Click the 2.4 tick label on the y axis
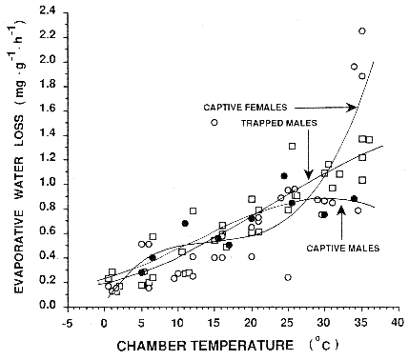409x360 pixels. [45, 10]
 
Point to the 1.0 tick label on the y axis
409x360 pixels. [45, 183]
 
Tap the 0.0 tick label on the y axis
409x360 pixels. [45, 307]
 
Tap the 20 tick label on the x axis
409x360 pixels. [250, 321]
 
